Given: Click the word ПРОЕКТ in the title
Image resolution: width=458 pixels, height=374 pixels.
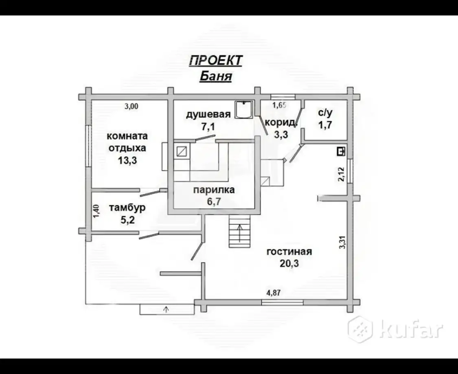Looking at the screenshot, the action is (x=215, y=61).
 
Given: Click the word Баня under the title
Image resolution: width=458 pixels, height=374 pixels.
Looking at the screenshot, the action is (x=216, y=76).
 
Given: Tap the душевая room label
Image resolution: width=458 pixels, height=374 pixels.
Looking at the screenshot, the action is (x=208, y=114).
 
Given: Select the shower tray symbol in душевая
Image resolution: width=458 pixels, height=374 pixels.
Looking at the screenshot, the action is (x=244, y=110).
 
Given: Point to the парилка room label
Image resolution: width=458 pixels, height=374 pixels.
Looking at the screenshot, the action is (x=214, y=190).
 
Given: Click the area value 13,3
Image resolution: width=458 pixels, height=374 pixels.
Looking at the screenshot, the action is (x=127, y=160).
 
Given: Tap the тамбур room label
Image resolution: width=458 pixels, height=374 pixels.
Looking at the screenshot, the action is (x=127, y=208).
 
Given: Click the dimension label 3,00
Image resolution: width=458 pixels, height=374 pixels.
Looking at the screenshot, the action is (x=131, y=106).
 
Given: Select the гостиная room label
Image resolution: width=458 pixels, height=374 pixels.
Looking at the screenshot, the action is (x=289, y=252).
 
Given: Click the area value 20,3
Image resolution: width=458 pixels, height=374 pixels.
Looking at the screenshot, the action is (x=289, y=263).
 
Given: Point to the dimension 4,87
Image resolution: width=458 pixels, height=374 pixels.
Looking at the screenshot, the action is (x=274, y=293).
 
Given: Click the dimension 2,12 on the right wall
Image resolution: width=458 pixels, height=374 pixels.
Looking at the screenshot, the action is (x=341, y=174).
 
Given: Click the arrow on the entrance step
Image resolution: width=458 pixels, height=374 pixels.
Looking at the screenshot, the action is (x=166, y=309).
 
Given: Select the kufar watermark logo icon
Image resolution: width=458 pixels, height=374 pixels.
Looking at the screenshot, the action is (x=360, y=329).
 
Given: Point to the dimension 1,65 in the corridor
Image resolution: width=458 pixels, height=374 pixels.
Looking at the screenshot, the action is (x=279, y=105).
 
